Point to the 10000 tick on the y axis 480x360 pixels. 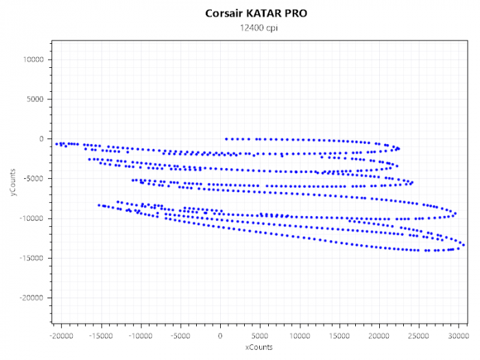[33, 60]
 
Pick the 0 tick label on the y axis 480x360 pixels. [42, 139]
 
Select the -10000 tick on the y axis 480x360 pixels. [32, 219]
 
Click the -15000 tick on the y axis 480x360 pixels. [32, 259]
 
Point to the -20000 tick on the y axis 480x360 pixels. [32, 298]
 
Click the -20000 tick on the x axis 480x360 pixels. [61, 336]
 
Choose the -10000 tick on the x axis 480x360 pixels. [141, 336]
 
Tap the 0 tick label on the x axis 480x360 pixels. [220, 336]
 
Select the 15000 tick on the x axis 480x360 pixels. [339, 336]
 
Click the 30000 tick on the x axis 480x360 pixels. [459, 336]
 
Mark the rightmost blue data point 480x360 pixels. [464, 245]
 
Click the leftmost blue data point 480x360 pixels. [56, 144]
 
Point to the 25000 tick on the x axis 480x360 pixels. [419, 336]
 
